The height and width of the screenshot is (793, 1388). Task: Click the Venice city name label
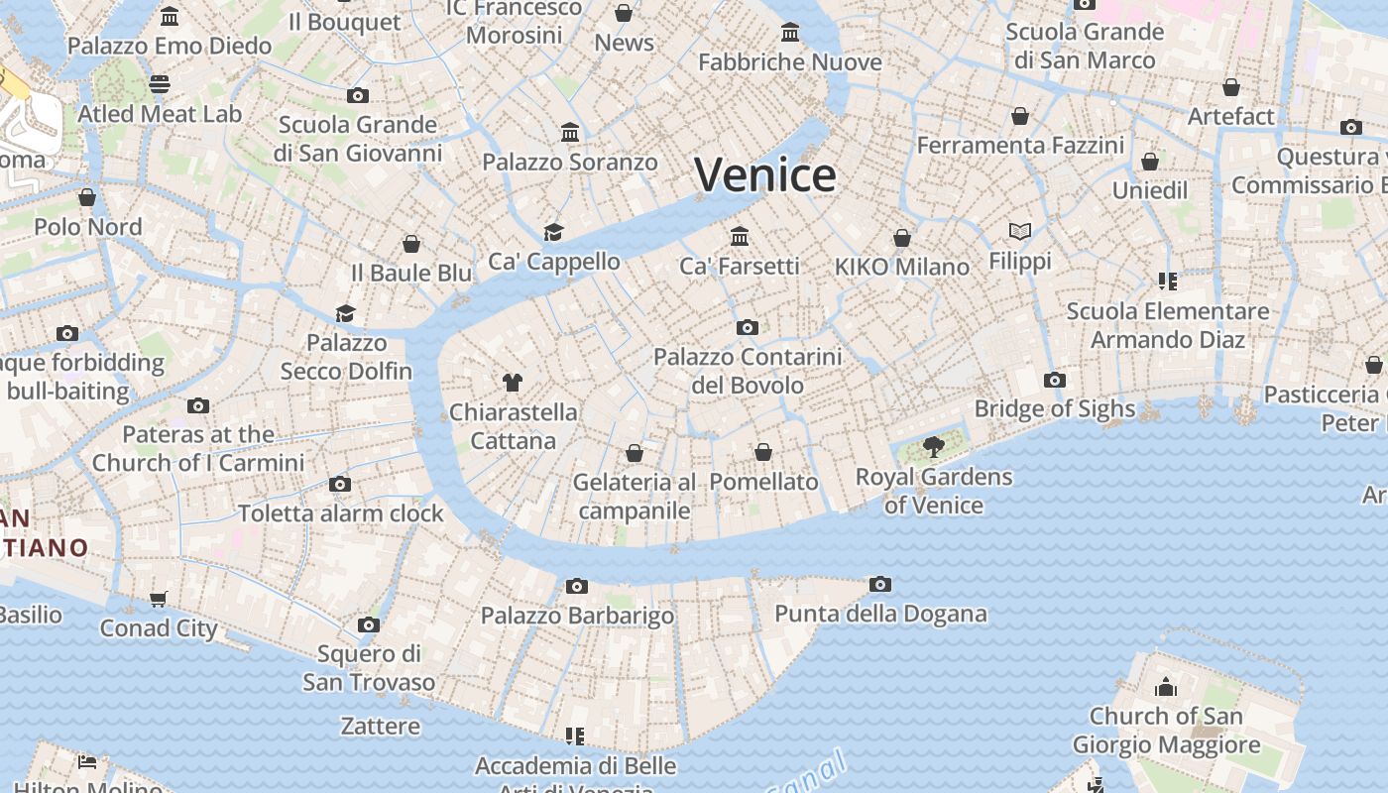tap(765, 175)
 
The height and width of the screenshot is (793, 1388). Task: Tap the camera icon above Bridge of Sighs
tap(1055, 380)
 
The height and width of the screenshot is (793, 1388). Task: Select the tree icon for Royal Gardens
tap(933, 446)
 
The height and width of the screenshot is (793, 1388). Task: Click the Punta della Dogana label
tap(880, 614)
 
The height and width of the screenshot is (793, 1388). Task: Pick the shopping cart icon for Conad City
tap(159, 599)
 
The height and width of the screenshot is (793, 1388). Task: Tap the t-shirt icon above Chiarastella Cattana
tap(512, 382)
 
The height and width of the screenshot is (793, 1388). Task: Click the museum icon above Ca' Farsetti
tap(740, 236)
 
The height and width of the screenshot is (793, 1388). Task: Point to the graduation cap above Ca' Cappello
tap(553, 232)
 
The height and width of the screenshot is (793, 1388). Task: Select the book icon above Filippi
tap(1020, 232)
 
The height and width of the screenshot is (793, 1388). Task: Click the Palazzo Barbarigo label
tap(577, 616)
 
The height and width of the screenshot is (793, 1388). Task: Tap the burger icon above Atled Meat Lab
tap(160, 84)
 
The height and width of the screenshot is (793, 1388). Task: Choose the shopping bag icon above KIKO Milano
tap(902, 238)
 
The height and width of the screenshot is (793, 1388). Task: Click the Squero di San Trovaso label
tap(369, 668)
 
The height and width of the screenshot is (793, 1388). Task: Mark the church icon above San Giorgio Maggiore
tap(1166, 686)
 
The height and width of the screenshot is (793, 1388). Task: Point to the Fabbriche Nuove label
tap(790, 62)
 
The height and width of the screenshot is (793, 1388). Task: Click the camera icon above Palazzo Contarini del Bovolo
tap(748, 327)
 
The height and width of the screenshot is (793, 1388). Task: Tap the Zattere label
tap(381, 727)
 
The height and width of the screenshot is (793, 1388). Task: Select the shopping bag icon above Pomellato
tap(763, 452)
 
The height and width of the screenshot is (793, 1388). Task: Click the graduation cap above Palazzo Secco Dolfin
tap(345, 313)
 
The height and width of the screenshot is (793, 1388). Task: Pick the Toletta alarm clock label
tap(341, 513)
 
